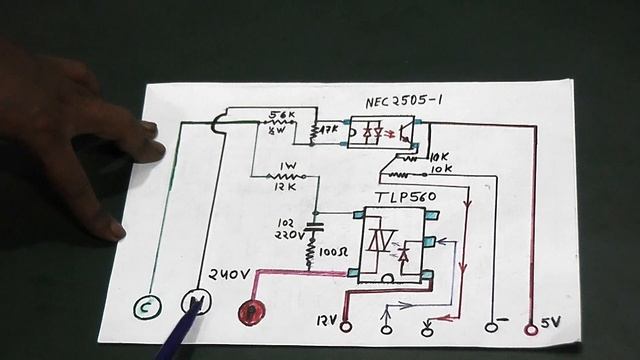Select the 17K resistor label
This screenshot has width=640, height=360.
click(331, 130)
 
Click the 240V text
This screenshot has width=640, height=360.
click(231, 275)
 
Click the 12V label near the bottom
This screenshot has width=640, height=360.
click(323, 324)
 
